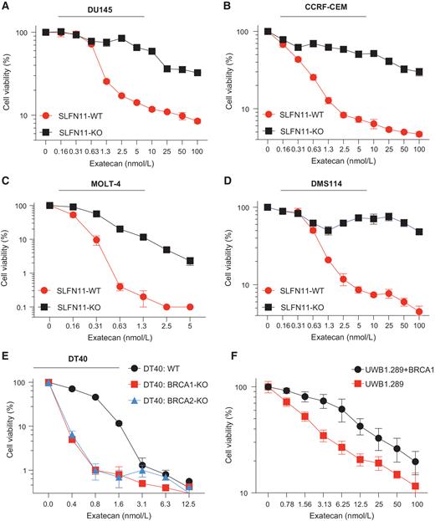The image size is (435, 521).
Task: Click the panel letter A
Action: tap(6, 7)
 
